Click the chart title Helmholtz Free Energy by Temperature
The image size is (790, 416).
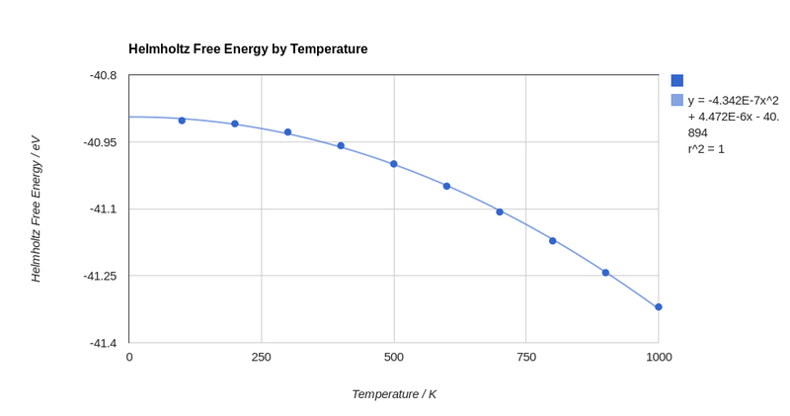click(x=248, y=49)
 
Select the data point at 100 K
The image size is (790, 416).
click(x=182, y=121)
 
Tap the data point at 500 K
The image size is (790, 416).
click(x=394, y=164)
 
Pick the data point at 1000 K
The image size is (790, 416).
click(x=659, y=307)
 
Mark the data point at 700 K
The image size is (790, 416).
click(x=500, y=211)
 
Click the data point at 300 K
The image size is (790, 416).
click(x=288, y=132)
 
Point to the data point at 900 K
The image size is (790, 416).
click(x=605, y=273)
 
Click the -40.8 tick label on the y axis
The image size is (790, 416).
click(x=103, y=75)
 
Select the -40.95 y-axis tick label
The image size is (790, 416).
click(x=100, y=142)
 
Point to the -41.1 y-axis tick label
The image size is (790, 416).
click(x=103, y=208)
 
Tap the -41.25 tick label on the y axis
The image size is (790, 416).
click(x=100, y=276)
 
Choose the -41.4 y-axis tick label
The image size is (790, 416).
click(x=103, y=343)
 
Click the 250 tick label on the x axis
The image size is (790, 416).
click(x=262, y=357)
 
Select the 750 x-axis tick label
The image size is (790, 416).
click(x=526, y=357)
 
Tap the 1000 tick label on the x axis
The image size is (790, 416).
click(x=659, y=357)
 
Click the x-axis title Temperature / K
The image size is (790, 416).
click(x=394, y=394)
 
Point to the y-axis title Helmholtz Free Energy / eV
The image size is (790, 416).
click(x=36, y=208)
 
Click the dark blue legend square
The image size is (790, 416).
click(x=677, y=81)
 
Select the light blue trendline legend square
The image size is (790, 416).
click(x=677, y=100)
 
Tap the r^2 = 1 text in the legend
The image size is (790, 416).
click(x=706, y=149)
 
